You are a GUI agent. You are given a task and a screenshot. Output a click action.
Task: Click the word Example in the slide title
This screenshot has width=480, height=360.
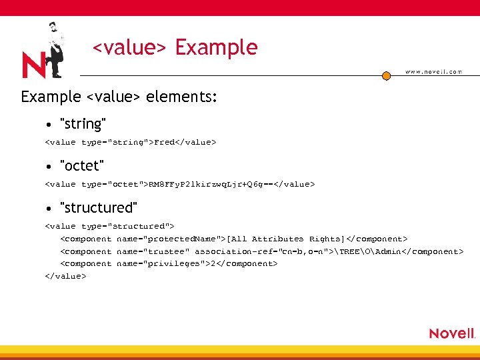coord(216,47)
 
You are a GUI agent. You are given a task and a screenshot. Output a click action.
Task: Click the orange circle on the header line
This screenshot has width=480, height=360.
coord(386,76)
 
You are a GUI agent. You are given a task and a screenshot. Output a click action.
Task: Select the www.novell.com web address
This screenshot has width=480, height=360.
coord(433,72)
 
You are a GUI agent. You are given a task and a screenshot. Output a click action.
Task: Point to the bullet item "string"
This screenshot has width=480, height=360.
coord(83,124)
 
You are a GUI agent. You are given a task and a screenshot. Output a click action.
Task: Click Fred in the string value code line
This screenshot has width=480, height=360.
coord(163,142)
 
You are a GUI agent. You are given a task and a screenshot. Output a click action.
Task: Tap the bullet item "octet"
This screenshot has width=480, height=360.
coord(82,165)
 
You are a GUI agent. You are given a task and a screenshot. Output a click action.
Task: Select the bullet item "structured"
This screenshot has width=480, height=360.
coord(99,207)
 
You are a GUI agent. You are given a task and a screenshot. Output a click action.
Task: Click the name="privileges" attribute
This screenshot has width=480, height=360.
coord(161,264)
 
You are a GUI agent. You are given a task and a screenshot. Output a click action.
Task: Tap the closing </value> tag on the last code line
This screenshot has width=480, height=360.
coord(65,276)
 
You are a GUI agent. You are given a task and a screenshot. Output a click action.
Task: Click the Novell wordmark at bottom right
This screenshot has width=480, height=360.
coord(451,333)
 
